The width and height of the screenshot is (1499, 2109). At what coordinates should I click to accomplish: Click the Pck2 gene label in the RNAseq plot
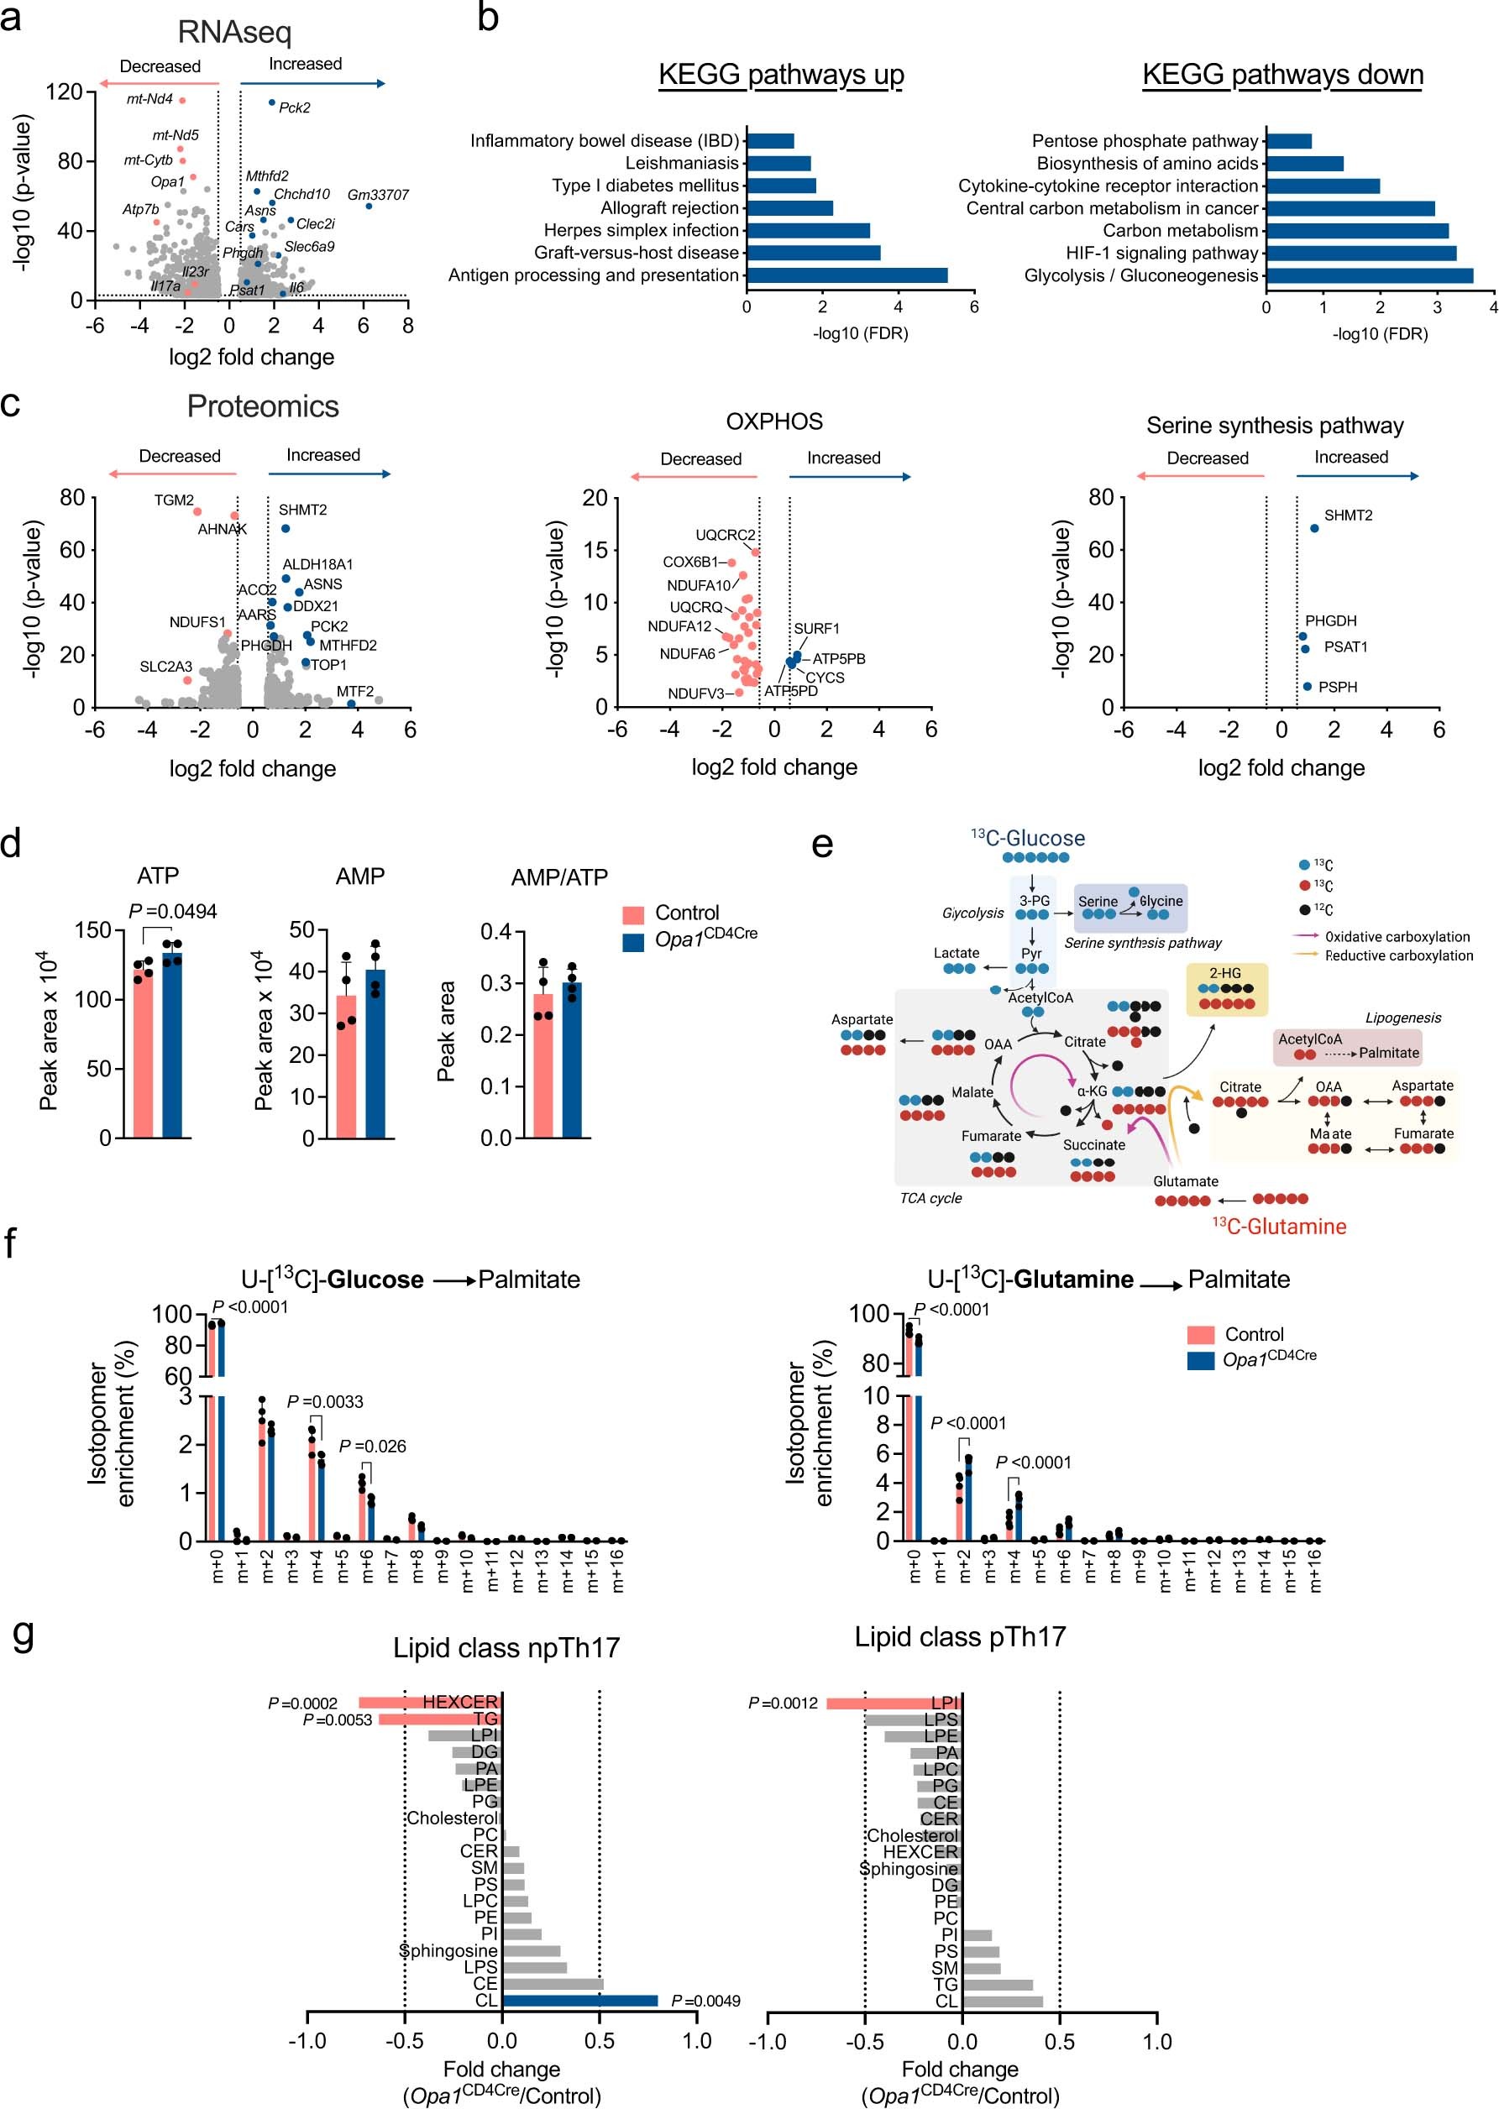tap(295, 108)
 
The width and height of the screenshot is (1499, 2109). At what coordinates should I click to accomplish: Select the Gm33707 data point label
tap(378, 195)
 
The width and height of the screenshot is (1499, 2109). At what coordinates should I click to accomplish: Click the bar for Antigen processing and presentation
tap(846, 275)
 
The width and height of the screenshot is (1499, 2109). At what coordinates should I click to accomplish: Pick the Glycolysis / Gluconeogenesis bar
tap(1369, 275)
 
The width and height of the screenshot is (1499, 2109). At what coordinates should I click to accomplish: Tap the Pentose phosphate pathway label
tap(1145, 141)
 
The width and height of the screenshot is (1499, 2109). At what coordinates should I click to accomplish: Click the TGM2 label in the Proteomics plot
tap(174, 500)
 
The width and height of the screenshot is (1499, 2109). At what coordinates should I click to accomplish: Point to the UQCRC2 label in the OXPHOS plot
tap(725, 535)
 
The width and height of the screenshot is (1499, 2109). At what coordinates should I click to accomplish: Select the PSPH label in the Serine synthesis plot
tap(1338, 688)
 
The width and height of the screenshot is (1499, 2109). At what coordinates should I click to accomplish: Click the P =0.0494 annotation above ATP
tap(173, 912)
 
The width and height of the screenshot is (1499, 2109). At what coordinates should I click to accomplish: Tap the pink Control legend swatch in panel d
tap(633, 914)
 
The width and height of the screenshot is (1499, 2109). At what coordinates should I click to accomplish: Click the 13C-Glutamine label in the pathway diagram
tap(1278, 1226)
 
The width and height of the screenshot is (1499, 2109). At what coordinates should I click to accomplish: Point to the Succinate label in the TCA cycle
tap(1093, 1145)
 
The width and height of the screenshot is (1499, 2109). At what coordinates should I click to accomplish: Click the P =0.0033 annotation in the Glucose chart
tap(325, 1401)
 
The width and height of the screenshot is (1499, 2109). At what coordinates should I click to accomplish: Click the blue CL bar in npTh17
tap(579, 2000)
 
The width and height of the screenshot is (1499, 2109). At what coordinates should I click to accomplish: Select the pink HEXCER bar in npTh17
tap(429, 1702)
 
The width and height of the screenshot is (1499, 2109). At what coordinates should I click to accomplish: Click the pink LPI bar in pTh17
tap(893, 1703)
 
